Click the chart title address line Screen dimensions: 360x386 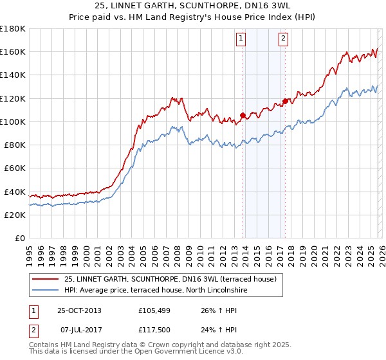coord(192,6)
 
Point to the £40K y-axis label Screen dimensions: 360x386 coord(15,192)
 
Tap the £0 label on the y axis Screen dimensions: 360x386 coord(19,239)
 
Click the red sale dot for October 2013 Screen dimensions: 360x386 coord(243,116)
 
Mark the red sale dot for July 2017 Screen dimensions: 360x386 coord(285,101)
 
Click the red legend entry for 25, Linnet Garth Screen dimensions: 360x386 coord(170,279)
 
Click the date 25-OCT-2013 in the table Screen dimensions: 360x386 coord(79,310)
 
